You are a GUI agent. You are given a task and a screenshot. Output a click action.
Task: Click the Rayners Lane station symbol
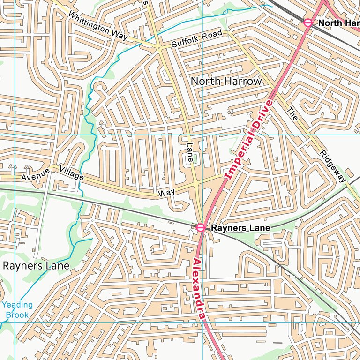pyautogui.click(x=201, y=227)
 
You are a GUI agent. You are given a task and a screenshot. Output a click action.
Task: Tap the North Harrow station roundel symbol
pyautogui.click(x=308, y=22)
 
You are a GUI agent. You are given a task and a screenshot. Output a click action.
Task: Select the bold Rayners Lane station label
pyautogui.click(x=240, y=228)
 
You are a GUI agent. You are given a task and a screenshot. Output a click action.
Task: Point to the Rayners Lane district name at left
pyautogui.click(x=36, y=266)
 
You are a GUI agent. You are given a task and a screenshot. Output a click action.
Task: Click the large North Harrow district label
pyautogui.click(x=226, y=81)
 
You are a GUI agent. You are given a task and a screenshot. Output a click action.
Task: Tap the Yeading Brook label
pyautogui.click(x=17, y=310)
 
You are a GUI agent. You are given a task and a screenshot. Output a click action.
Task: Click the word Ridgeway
pyautogui.click(x=333, y=166)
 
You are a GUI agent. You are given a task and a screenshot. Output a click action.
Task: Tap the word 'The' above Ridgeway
pyautogui.click(x=292, y=114)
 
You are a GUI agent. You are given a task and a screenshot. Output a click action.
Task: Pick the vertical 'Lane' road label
pyautogui.click(x=190, y=153)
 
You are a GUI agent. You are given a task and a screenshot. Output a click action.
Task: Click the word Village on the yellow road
pyautogui.click(x=72, y=174)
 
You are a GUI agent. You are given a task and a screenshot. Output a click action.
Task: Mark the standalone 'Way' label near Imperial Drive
pyautogui.click(x=166, y=193)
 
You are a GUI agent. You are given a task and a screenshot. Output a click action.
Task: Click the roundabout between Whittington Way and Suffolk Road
pyautogui.click(x=159, y=48)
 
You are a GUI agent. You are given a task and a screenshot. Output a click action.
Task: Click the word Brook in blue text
pyautogui.click(x=17, y=315)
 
